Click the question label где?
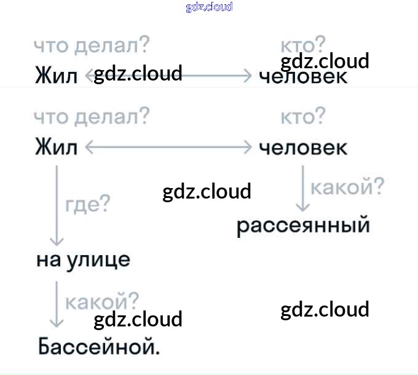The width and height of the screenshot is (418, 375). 87,203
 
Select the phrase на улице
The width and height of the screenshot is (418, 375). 84,259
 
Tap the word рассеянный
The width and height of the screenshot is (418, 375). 303,226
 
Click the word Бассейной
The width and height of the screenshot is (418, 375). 98,346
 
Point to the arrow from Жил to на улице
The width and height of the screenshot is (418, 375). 57,204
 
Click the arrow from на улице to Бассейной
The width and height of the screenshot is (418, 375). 57,304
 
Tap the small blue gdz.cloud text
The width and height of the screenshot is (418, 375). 209,7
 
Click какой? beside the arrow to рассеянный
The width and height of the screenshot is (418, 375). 347,186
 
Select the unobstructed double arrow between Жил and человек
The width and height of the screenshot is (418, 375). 168,148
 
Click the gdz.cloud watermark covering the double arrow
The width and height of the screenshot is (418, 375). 138,74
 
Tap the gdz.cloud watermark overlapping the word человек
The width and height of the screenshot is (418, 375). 325,61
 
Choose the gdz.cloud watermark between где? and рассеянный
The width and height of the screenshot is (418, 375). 207,192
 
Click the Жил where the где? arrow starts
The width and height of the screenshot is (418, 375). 57,148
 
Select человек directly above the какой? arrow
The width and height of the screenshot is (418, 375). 303,148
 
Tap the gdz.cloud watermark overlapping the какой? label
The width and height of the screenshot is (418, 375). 138,319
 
